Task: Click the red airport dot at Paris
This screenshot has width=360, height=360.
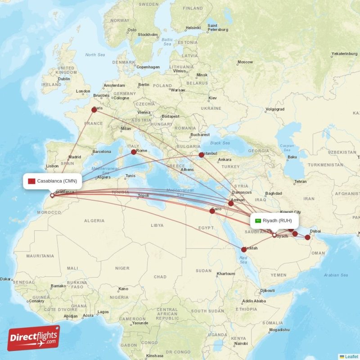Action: point(94,109)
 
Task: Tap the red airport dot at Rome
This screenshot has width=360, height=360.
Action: point(134,152)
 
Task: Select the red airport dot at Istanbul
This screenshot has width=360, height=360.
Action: point(202,155)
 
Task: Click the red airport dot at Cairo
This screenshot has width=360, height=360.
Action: point(212,211)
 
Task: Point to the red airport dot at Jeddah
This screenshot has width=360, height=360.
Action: point(244,249)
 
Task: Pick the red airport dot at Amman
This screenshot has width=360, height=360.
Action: point(231,203)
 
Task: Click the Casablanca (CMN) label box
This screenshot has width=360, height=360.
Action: point(52,181)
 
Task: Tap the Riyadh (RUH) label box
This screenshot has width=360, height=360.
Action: point(274,220)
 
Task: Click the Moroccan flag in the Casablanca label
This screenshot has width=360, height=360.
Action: point(31,181)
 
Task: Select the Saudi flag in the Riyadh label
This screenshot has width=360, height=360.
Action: point(258,220)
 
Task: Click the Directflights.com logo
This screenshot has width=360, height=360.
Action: point(33,338)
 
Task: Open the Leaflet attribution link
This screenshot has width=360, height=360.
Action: point(351,356)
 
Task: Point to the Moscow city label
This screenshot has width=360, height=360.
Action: point(245,62)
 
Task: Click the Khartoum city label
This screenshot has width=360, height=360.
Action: point(225,274)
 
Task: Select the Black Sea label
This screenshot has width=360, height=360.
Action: point(220,143)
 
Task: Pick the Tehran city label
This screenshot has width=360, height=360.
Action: point(300,182)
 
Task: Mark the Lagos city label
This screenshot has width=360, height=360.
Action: point(103,312)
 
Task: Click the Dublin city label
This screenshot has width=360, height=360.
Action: point(64,79)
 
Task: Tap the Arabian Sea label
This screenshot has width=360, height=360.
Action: point(337,275)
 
